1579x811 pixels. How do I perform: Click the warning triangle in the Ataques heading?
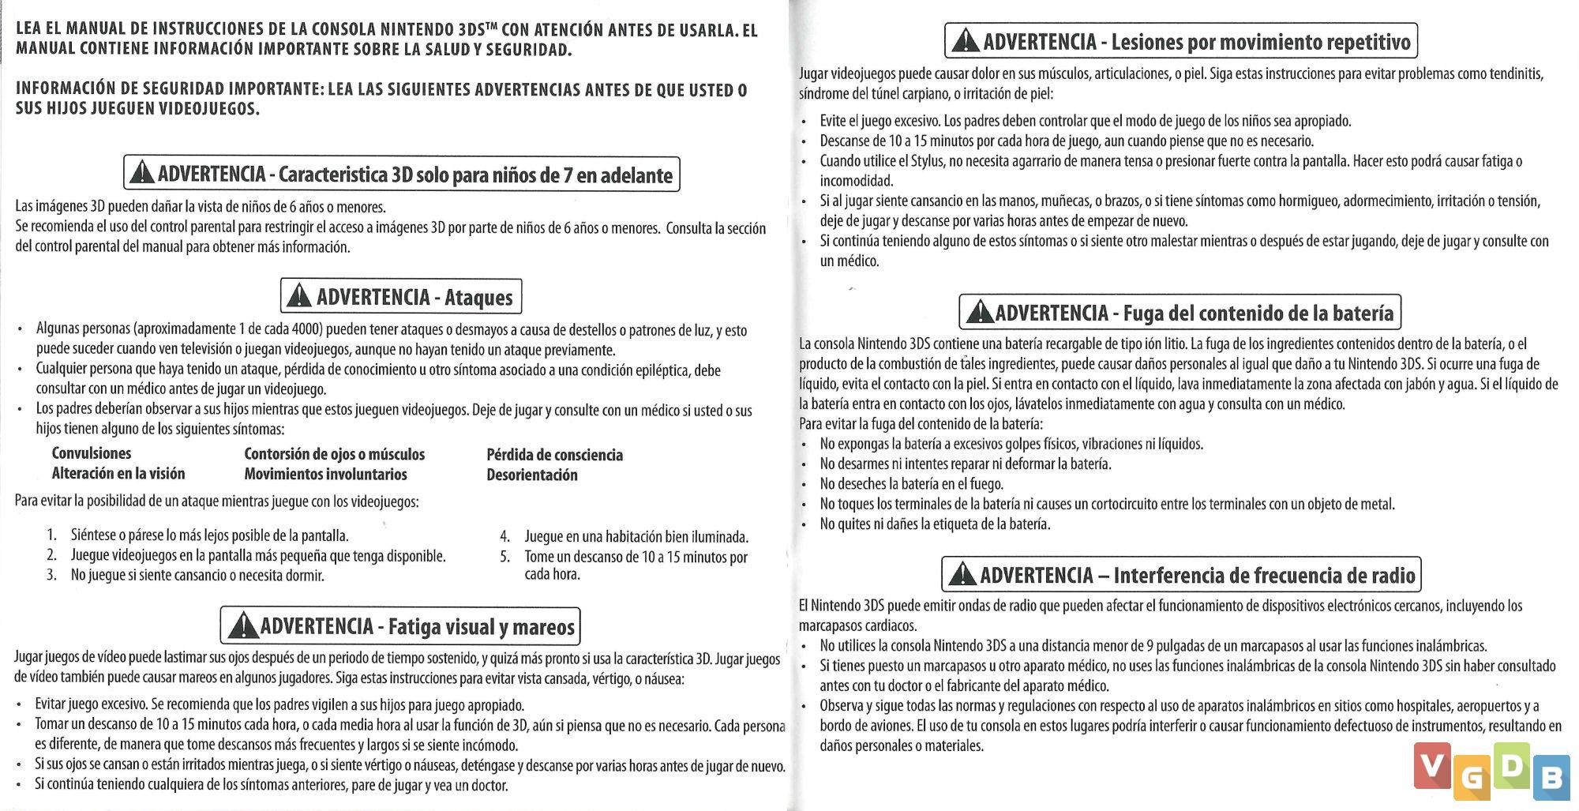point(298,296)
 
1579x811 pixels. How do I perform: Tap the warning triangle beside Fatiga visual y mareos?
point(243,626)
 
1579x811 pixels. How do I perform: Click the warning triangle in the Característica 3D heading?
point(141,173)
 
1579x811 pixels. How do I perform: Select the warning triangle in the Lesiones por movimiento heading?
point(965,41)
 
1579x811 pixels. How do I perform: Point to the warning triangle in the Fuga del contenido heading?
point(979,312)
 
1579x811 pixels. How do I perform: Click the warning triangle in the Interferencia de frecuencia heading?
point(962,574)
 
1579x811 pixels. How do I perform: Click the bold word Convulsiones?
point(92,453)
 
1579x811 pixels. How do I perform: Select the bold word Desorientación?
point(531,475)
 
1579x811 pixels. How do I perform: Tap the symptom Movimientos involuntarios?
point(325,474)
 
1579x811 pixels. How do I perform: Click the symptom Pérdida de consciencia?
point(554,455)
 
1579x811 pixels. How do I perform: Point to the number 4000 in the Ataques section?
point(306,329)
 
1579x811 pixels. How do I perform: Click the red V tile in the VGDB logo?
point(1432,764)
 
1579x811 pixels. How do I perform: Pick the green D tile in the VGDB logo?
point(1511,764)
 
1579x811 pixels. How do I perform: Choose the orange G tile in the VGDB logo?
point(1471,779)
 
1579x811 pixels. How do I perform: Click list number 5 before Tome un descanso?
point(505,557)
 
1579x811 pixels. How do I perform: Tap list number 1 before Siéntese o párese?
point(51,535)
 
